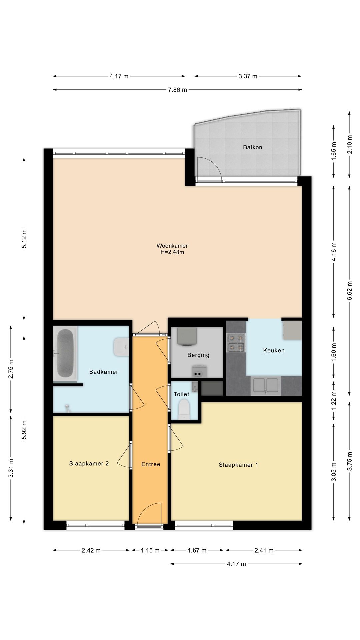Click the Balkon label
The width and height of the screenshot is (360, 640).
click(252, 147)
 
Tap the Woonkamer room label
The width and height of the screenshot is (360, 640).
click(172, 246)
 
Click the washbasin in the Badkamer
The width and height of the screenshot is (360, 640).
click(121, 347)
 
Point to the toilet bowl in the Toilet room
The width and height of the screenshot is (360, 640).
click(184, 410)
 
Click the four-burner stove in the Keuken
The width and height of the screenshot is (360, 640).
click(236, 343)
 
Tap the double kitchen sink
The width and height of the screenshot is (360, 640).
click(266, 385)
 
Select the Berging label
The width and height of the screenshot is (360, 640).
click(198, 355)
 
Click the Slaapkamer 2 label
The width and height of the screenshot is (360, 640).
click(89, 463)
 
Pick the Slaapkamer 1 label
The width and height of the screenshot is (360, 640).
click(238, 465)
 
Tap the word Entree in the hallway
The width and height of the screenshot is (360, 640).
click(151, 464)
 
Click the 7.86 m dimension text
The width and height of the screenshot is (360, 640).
click(177, 90)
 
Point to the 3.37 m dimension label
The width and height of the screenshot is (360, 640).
click(248, 76)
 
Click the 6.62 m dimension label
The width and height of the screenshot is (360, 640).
click(350, 291)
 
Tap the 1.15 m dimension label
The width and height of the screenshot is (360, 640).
click(150, 550)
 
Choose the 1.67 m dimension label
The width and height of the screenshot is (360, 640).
click(197, 550)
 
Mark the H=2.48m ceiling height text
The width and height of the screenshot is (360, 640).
click(172, 252)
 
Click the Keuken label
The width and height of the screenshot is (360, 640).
click(274, 350)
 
